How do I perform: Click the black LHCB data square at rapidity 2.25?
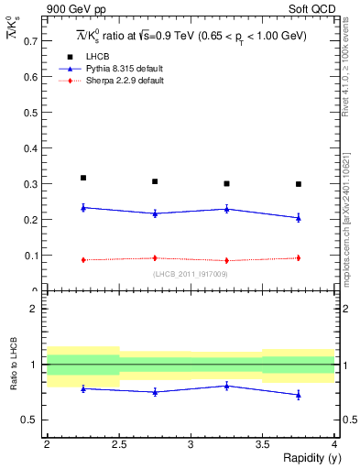point(83,178)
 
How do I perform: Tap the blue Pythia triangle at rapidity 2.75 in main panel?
point(155,213)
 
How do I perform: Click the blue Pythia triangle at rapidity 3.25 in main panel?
point(227,209)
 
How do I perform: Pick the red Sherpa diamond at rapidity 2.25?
point(83,260)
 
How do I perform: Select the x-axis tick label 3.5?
point(263,444)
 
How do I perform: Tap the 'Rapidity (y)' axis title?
point(306,458)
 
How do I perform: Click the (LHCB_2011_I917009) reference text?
point(190,274)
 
